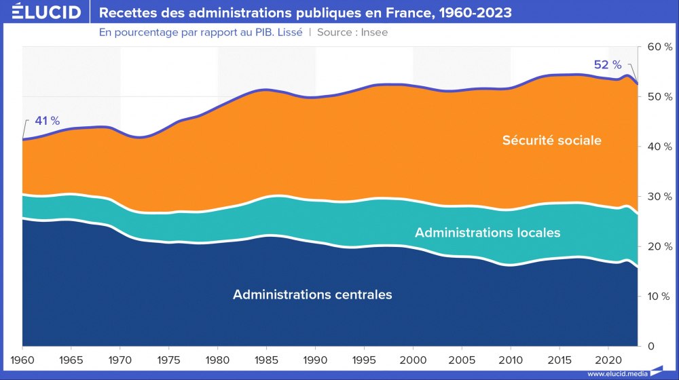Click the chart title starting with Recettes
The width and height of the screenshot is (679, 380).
[306, 12]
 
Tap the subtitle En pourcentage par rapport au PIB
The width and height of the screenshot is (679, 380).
[200, 32]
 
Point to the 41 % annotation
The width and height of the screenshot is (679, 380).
[47, 121]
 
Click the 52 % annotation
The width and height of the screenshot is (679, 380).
[608, 64]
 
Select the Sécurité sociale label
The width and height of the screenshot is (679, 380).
[552, 140]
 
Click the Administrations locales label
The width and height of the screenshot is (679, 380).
[488, 232]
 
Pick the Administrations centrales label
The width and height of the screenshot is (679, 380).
[312, 294]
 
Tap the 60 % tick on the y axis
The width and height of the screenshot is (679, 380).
[659, 47]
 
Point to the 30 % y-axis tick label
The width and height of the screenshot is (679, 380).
[659, 197]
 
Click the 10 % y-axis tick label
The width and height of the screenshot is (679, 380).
[659, 297]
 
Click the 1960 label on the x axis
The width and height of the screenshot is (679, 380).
[22, 358]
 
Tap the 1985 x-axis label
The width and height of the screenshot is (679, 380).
[266, 358]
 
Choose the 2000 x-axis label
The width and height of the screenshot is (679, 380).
[413, 358]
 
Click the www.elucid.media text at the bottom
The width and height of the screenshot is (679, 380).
[617, 373]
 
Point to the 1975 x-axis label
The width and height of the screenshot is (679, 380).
[169, 358]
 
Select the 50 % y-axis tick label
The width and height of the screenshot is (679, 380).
[659, 97]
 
